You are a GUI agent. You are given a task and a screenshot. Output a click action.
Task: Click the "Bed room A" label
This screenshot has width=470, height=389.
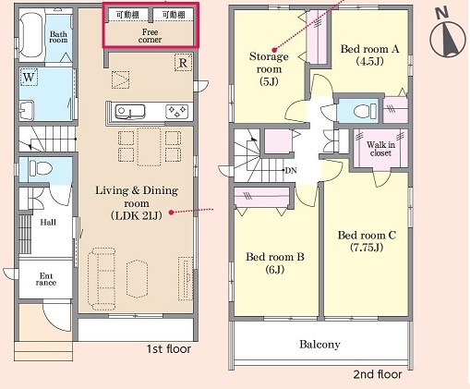pos(369,49)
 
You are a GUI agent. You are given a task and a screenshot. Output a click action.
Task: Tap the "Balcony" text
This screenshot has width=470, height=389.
pos(319,344)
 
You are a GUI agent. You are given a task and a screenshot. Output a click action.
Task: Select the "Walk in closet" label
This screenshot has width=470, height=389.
pos(380,149)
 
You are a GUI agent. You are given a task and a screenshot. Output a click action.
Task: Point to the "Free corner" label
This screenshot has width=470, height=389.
pos(150,36)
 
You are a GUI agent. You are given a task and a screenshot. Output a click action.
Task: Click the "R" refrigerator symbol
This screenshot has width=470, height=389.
pos(183,63)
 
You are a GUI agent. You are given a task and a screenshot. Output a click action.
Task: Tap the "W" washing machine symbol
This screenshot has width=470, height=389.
pos(29,77)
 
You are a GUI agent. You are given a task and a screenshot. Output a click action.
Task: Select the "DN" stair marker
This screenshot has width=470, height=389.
pos(291,170)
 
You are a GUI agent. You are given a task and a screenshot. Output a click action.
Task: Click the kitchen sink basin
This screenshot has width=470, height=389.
pos(130,111)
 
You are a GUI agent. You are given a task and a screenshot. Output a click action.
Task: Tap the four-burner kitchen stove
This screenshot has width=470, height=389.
pos(177,112)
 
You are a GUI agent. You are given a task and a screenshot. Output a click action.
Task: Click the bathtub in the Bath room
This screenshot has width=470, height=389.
pos(30,35)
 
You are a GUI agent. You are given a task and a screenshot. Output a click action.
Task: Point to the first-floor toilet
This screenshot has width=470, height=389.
pos(41,168)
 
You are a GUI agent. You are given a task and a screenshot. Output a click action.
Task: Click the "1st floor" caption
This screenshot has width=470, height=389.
pos(168,349)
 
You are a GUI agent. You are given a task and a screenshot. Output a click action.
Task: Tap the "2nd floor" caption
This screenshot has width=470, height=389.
pos(378,374)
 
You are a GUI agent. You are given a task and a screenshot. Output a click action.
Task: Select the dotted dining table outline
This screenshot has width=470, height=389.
pos(149,147)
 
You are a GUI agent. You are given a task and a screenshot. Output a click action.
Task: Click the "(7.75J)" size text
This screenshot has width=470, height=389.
pos(367,248)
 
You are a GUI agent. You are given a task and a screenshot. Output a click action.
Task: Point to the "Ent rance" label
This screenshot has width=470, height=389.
pos(46,279)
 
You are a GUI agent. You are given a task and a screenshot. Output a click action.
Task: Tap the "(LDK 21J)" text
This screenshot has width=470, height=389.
pos(137,216)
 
